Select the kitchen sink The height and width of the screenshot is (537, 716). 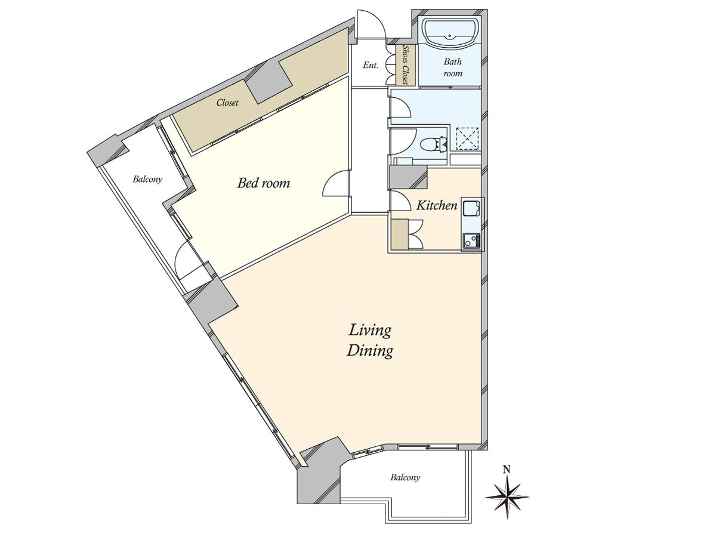click(471, 209)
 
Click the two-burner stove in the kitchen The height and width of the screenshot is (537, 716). click(471, 241)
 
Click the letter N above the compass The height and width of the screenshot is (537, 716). click(507, 470)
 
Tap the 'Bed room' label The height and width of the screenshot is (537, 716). click(264, 183)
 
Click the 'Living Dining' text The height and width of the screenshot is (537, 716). click(369, 341)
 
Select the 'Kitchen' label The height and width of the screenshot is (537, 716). click(437, 205)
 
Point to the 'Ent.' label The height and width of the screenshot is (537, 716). click(371, 65)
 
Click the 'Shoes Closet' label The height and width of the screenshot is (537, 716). click(406, 65)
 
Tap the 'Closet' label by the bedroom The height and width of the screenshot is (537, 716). click(227, 103)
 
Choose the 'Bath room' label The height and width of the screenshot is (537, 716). click(453, 67)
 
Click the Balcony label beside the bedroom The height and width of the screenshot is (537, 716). click(147, 180)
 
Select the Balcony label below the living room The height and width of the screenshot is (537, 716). click(405, 478)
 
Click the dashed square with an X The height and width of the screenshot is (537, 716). click(468, 139)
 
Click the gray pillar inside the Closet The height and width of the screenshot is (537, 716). click(269, 82)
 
